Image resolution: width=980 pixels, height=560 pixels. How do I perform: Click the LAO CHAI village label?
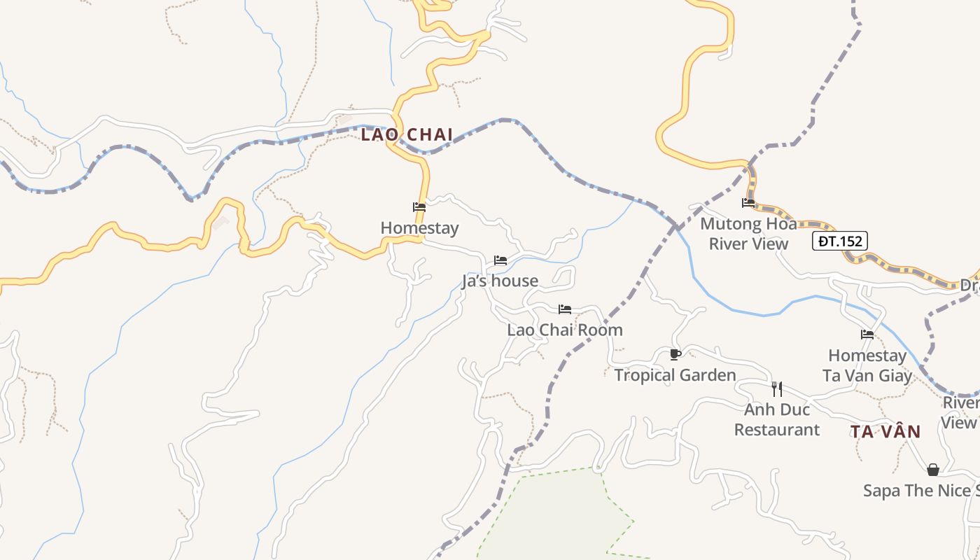(x=407, y=134)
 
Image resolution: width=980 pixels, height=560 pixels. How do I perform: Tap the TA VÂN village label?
(x=885, y=431)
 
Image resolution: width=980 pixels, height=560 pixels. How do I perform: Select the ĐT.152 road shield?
(x=840, y=241)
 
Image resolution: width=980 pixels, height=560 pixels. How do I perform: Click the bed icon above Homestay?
(x=419, y=207)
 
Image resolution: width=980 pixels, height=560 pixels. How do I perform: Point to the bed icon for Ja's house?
(x=500, y=260)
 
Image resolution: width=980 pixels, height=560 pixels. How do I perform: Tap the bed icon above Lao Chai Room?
(x=565, y=309)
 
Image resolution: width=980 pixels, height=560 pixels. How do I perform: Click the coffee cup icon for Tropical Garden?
(x=675, y=355)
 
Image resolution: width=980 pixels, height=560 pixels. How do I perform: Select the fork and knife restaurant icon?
(x=776, y=388)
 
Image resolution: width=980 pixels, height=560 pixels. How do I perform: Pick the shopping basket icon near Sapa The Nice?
(x=932, y=470)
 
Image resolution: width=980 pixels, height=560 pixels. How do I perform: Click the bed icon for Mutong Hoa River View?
(x=748, y=203)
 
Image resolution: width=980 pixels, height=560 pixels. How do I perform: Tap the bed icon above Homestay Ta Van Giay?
(x=867, y=335)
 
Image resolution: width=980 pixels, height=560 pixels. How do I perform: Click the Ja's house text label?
(x=500, y=281)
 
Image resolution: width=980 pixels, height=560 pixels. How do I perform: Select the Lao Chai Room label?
(x=565, y=330)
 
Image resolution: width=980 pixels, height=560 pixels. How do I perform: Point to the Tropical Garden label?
(x=675, y=376)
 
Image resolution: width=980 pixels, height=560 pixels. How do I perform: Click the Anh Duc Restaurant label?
(x=776, y=419)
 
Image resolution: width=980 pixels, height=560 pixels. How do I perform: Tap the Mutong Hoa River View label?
(x=748, y=234)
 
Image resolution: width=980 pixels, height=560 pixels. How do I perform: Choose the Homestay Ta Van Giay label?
(x=867, y=365)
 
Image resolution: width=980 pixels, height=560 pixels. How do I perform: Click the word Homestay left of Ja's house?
(x=419, y=228)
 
